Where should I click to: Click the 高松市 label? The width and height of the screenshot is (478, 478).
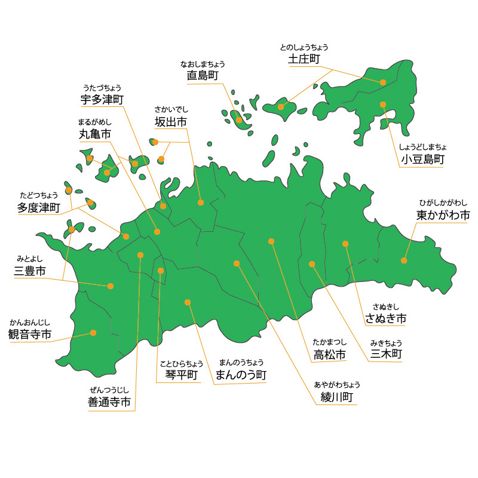[330, 355]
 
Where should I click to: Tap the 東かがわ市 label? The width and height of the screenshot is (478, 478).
[443, 215]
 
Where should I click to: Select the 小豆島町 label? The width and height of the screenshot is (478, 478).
[422, 160]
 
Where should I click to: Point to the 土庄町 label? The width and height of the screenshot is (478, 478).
[304, 59]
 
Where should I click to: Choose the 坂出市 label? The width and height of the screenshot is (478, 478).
[170, 121]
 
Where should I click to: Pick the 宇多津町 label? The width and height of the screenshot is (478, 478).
[102, 99]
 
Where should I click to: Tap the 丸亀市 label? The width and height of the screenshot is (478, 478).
[94, 134]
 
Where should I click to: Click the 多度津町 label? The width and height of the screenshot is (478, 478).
[39, 208]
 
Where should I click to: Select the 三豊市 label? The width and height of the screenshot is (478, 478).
[30, 272]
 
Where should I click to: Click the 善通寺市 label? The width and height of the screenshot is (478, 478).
[109, 403]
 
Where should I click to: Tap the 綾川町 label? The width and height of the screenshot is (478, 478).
[336, 397]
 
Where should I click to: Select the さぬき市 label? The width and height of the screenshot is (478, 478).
[386, 318]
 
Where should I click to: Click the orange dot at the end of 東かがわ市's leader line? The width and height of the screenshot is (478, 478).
[404, 261]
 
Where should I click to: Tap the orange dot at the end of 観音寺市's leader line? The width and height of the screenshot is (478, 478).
[93, 333]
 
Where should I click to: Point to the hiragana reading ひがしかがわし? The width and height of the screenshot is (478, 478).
[443, 203]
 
